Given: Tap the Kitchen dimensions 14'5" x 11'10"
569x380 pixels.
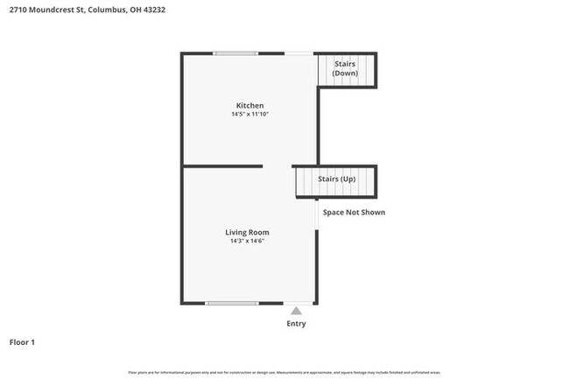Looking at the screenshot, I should coord(249,115).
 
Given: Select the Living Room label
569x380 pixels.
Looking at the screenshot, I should coord(247,232).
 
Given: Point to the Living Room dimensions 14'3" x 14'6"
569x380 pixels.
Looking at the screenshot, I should coord(247,241).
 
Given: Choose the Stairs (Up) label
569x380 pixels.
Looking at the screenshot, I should coord(336,179).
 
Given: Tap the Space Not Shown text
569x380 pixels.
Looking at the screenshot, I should coord(354,212).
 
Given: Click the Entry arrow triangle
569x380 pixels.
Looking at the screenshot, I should coord(297,311).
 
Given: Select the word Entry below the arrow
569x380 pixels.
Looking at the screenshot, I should coord(297,324).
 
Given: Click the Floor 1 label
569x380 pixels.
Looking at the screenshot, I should coord(22,342).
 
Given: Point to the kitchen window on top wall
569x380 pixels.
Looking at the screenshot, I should coord(235,54).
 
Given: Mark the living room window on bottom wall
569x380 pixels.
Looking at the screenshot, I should coord(231,303).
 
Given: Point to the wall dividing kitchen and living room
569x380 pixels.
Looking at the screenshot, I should coord(222,165).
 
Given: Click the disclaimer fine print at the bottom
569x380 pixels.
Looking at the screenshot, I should coord(284,373).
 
